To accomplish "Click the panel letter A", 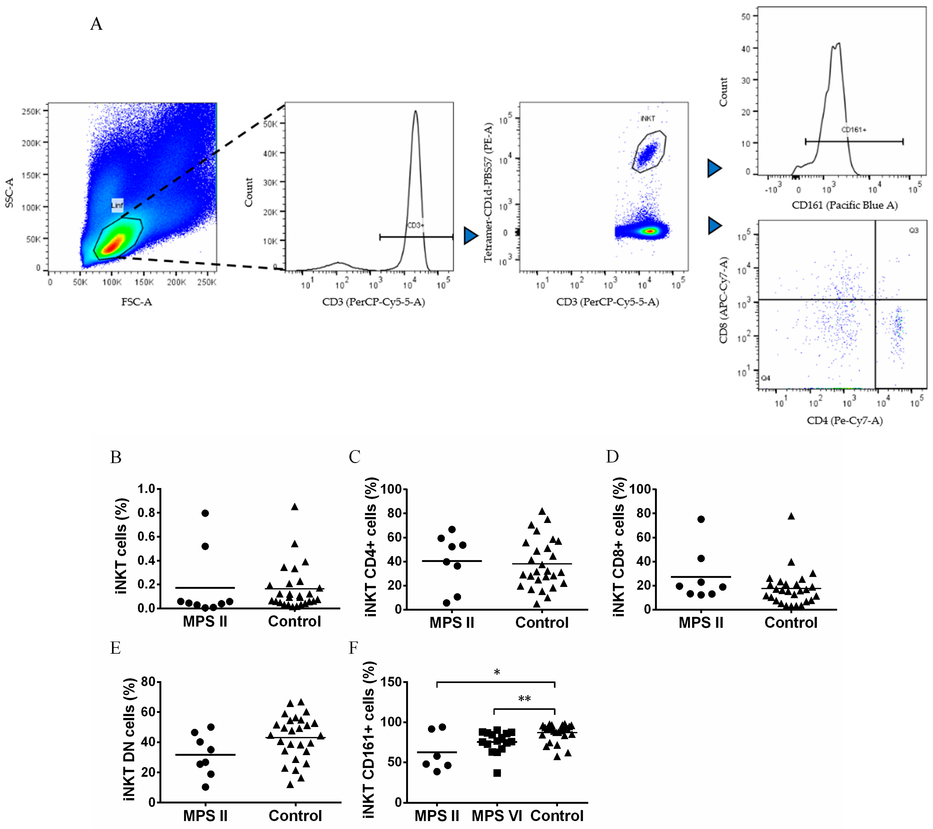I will click(96, 24).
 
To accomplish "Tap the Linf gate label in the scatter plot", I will click(117, 205).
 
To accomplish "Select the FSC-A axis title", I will click(136, 302).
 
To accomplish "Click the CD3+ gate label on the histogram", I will click(415, 225).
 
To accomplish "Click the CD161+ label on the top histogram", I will click(854, 130).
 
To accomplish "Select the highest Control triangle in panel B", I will click(295, 507).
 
